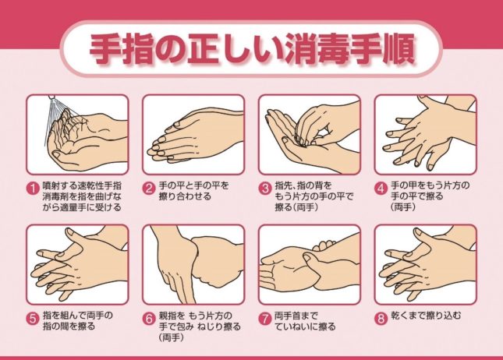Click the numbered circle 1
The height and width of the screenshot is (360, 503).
point(33,188)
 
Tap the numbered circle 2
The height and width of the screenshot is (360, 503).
point(149,188)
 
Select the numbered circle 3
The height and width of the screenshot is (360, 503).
point(265,188)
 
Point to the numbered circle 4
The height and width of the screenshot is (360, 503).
point(381,188)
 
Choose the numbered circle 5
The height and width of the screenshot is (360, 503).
point(33,319)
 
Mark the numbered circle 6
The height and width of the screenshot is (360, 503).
point(149,319)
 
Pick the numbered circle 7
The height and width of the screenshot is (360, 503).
point(265,319)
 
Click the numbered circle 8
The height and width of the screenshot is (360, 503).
point(381,319)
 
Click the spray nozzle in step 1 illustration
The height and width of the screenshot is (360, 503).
point(51,97)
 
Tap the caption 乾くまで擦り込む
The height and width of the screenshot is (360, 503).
point(427,316)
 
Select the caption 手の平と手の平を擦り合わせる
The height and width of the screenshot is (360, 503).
point(193,191)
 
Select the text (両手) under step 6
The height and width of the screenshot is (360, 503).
point(172,337)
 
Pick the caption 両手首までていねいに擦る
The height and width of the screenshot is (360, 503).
point(305,321)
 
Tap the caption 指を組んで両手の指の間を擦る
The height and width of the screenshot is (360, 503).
point(78,321)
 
